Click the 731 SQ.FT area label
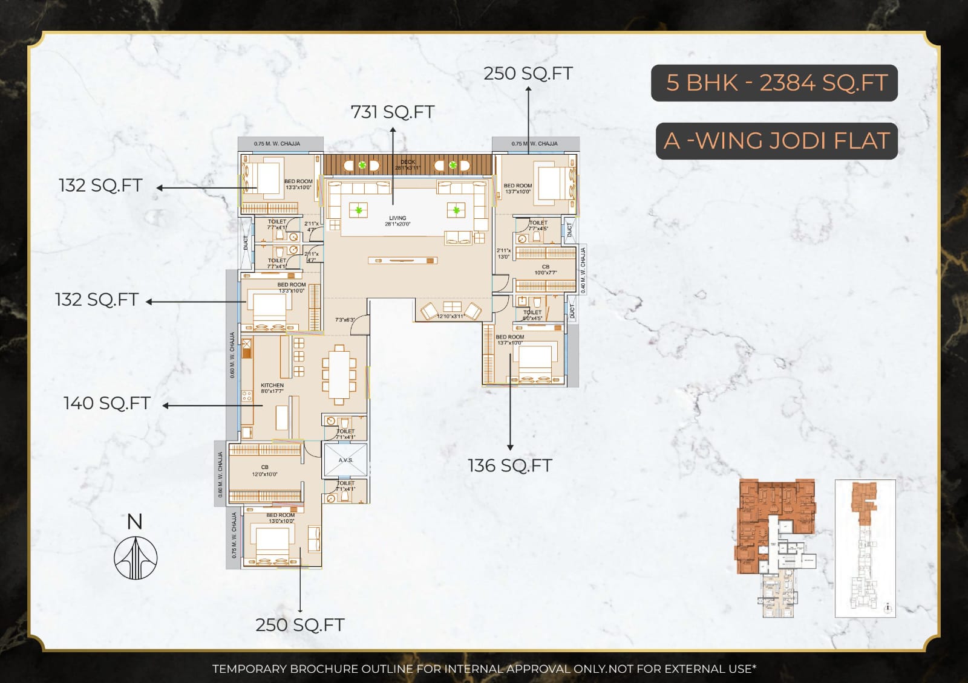(x=393, y=112)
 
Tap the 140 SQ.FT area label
(x=107, y=403)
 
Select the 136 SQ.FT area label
(x=509, y=465)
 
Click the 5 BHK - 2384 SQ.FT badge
(x=774, y=83)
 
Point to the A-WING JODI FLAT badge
(x=776, y=141)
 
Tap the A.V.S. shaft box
(x=345, y=460)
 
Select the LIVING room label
(x=397, y=221)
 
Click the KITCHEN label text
(x=272, y=385)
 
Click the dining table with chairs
(x=339, y=375)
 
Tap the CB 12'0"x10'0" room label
(x=264, y=470)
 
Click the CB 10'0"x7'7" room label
(x=545, y=270)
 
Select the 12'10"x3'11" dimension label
(x=450, y=316)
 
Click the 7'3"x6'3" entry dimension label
(x=345, y=320)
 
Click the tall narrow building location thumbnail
(x=865, y=548)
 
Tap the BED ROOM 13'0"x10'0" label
(x=281, y=518)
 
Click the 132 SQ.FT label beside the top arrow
(x=100, y=185)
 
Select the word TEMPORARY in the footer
(x=249, y=668)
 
